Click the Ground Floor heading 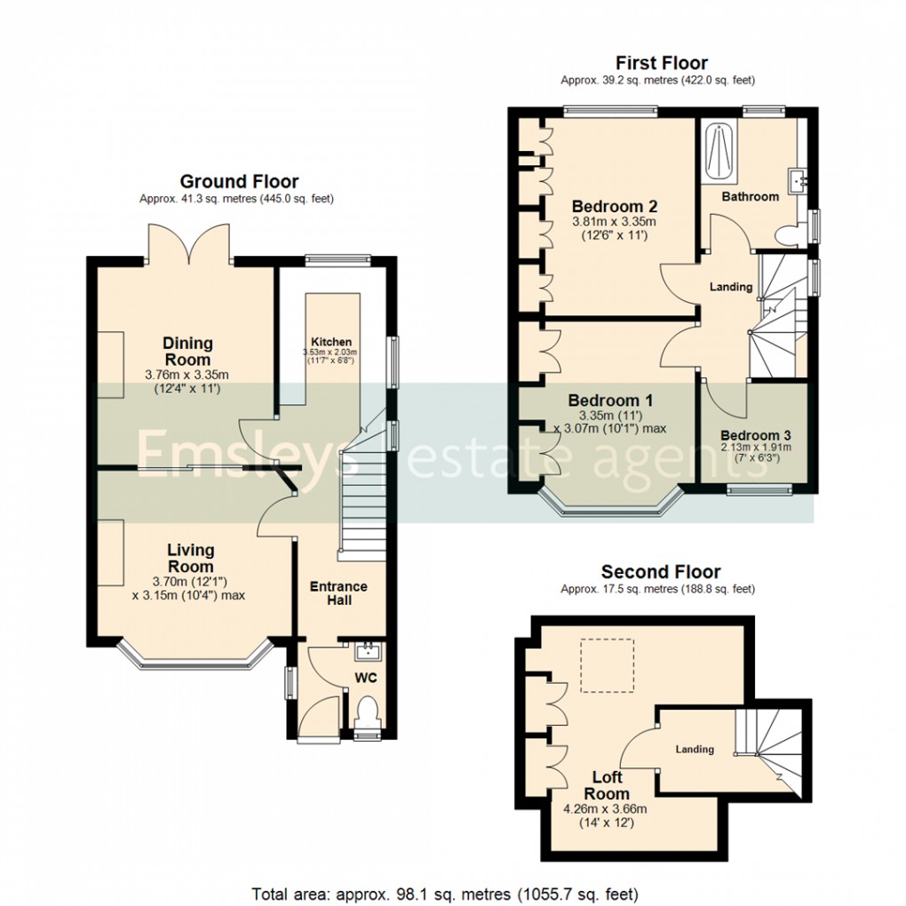point(239,182)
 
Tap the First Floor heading point(662,63)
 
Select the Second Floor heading point(661,572)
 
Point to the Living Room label point(191,559)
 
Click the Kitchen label point(331,342)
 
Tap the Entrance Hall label point(338,593)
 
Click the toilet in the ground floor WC point(366,711)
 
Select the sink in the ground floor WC point(366,654)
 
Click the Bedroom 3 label point(755,435)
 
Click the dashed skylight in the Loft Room point(608,664)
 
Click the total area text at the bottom point(445,893)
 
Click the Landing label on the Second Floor point(695,750)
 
